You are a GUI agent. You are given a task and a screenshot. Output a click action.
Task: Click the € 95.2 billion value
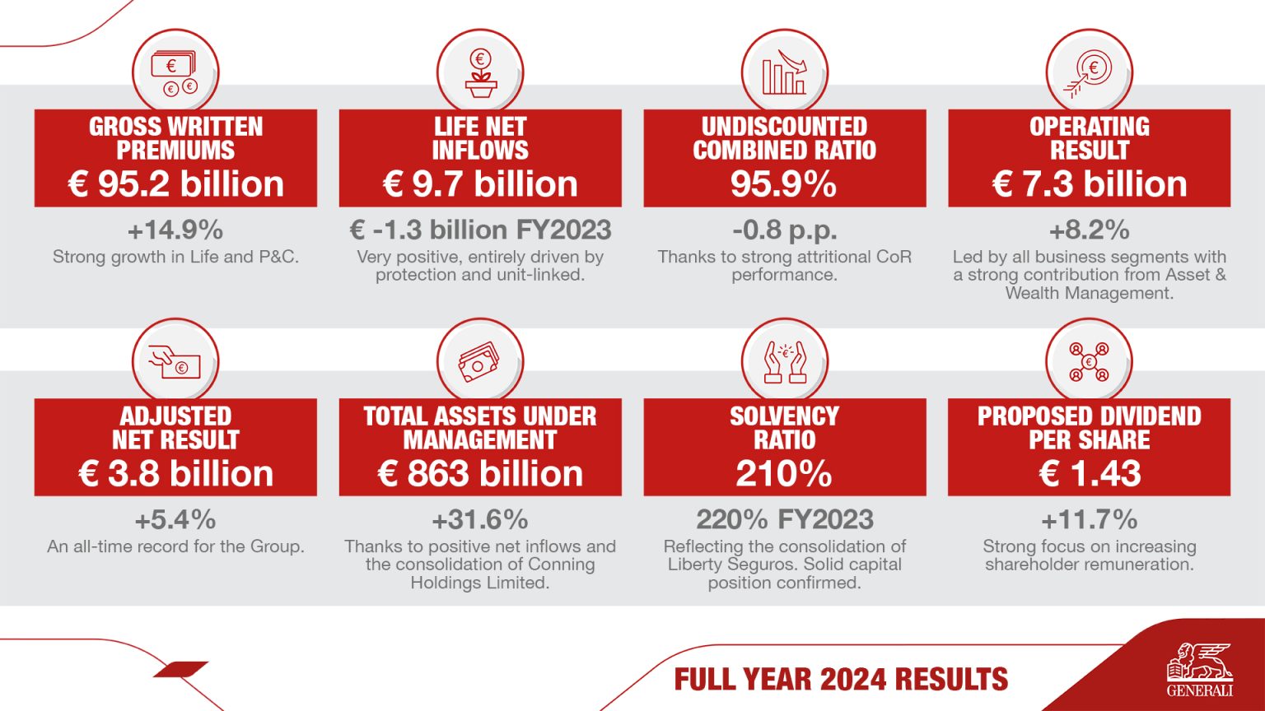point(175,184)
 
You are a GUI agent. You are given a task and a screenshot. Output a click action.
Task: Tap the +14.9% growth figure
point(175,230)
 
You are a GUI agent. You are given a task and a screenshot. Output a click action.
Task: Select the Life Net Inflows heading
point(480,138)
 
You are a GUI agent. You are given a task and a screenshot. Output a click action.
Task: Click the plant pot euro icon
point(480,72)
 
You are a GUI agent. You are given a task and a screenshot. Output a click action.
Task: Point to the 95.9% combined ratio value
point(784,184)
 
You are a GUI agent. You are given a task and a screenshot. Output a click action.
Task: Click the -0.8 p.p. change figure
point(784,230)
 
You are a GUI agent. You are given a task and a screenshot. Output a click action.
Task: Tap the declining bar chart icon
point(784,72)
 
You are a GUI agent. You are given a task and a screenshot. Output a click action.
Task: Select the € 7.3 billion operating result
point(1089,184)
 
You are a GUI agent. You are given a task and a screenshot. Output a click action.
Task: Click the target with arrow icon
point(1089,72)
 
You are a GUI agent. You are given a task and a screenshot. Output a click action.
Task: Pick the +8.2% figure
point(1089,230)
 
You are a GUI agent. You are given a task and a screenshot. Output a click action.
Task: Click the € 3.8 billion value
point(175,474)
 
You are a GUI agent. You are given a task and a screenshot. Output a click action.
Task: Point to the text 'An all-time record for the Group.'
point(175,546)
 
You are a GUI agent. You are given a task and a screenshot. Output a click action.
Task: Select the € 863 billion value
point(480,474)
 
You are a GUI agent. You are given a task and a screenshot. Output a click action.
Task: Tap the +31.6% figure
point(480,520)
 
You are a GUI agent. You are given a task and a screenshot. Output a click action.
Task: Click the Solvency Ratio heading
point(784,428)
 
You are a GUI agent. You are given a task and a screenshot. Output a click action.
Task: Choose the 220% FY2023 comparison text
point(784,520)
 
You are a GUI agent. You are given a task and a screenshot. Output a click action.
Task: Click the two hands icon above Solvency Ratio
point(784,362)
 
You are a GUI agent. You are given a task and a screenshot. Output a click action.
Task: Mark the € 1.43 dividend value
point(1089,474)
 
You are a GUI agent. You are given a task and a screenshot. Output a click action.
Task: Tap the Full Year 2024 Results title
point(841,680)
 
